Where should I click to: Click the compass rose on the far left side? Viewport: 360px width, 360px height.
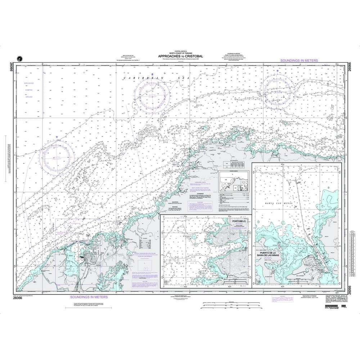click(57, 155)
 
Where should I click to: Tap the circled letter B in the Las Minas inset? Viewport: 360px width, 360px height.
click(259, 281)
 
